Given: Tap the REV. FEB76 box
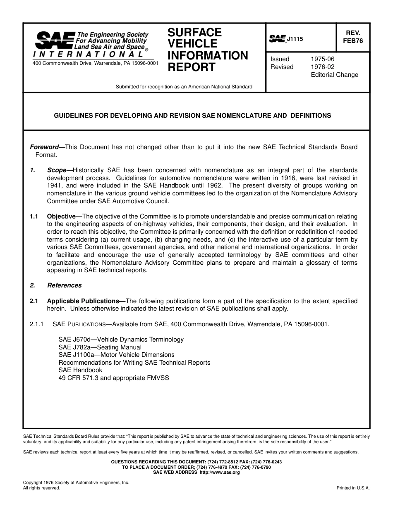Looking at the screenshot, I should pyautogui.click(x=352, y=37).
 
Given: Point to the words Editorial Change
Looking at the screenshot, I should pyautogui.click(x=334, y=75).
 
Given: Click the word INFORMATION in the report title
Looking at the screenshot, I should pyautogui.click(x=207, y=55).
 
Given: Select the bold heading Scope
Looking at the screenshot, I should pyautogui.click(x=59, y=170).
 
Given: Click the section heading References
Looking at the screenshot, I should pyautogui.click(x=64, y=285).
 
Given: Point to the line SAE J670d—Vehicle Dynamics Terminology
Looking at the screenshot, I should pyautogui.click(x=121, y=339).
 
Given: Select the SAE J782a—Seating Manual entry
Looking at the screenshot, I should pyautogui.click(x=100, y=347).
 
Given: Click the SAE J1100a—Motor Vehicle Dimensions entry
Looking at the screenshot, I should pyautogui.click(x=116, y=355).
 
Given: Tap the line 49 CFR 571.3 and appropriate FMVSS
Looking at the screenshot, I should pyautogui.click(x=114, y=378).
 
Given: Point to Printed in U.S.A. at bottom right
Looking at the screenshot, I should pyautogui.click(x=353, y=488).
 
